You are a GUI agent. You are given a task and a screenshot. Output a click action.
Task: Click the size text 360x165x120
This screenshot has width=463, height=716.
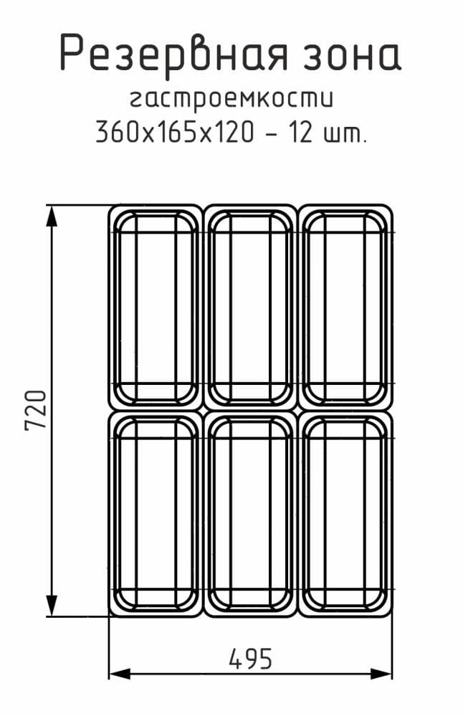click(x=174, y=132)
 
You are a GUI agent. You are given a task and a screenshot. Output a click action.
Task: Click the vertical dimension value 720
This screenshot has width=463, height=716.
click(x=35, y=410)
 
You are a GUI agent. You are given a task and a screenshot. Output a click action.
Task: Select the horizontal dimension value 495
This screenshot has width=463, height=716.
click(x=251, y=657)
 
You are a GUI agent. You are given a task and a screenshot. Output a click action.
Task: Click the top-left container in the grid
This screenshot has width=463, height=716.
click(x=156, y=307)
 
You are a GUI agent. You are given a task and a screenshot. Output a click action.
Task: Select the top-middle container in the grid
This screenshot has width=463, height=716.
click(x=250, y=307)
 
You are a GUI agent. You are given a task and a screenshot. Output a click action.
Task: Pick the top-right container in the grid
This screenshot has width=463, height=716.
click(x=345, y=307)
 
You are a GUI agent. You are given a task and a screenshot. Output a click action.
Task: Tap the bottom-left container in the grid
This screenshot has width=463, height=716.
click(x=156, y=513)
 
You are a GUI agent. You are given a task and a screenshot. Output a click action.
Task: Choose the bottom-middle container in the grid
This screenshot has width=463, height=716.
click(x=250, y=513)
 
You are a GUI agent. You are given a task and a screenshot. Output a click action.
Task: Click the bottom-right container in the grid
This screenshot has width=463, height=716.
click(x=345, y=513)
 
